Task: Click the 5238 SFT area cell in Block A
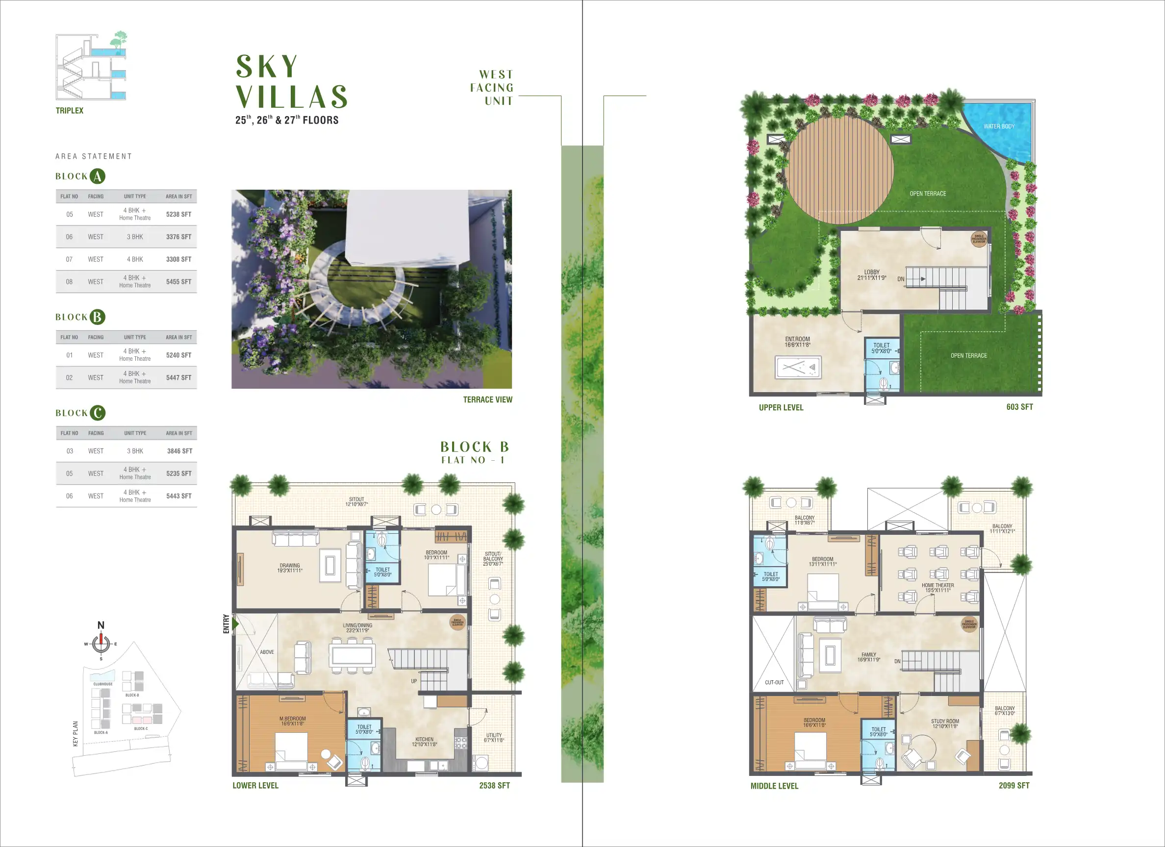point(178,214)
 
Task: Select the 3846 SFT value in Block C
point(179,451)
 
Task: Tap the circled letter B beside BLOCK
point(97,317)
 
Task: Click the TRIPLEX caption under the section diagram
point(69,110)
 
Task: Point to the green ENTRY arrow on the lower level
point(235,623)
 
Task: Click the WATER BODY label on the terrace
point(999,126)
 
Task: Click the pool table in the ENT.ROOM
point(798,368)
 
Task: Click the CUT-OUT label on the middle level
point(774,683)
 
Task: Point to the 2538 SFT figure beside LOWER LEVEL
point(494,785)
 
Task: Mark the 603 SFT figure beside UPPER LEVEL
point(1019,407)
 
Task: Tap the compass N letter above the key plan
point(101,625)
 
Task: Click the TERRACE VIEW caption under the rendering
point(487,399)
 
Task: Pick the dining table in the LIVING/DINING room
point(352,655)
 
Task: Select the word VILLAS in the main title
point(292,97)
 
